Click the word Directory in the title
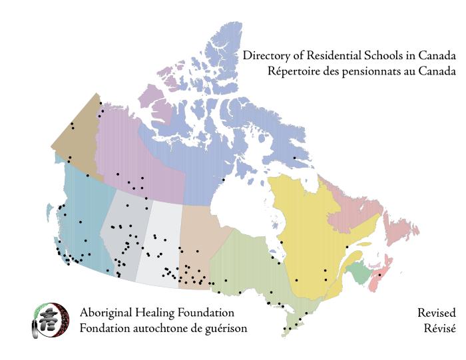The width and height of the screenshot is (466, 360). coord(262,56)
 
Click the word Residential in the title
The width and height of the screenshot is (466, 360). coord(315,56)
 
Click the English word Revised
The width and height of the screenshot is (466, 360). coord(436,313)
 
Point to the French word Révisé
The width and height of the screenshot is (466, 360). coord(440,328)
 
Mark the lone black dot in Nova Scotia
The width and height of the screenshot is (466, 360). coord(379,274)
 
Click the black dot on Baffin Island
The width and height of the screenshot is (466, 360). coord(294,158)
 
